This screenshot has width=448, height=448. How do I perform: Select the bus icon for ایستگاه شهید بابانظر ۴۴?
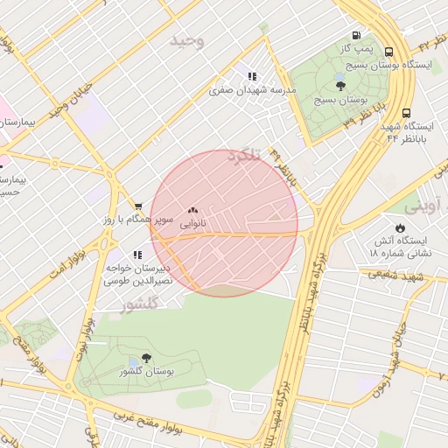[406, 113]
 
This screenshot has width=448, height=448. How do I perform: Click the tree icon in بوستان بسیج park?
[340, 84]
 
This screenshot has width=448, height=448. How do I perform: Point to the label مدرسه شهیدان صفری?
[253, 90]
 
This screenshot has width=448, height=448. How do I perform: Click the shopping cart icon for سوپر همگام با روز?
[138, 206]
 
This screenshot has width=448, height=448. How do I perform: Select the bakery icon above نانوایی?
[192, 210]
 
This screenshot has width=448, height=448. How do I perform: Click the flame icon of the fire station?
[400, 227]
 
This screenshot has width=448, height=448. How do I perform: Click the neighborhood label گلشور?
[139, 304]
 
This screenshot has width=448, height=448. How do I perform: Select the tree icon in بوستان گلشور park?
[146, 357]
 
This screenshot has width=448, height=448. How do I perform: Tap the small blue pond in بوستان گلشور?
[133, 361]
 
